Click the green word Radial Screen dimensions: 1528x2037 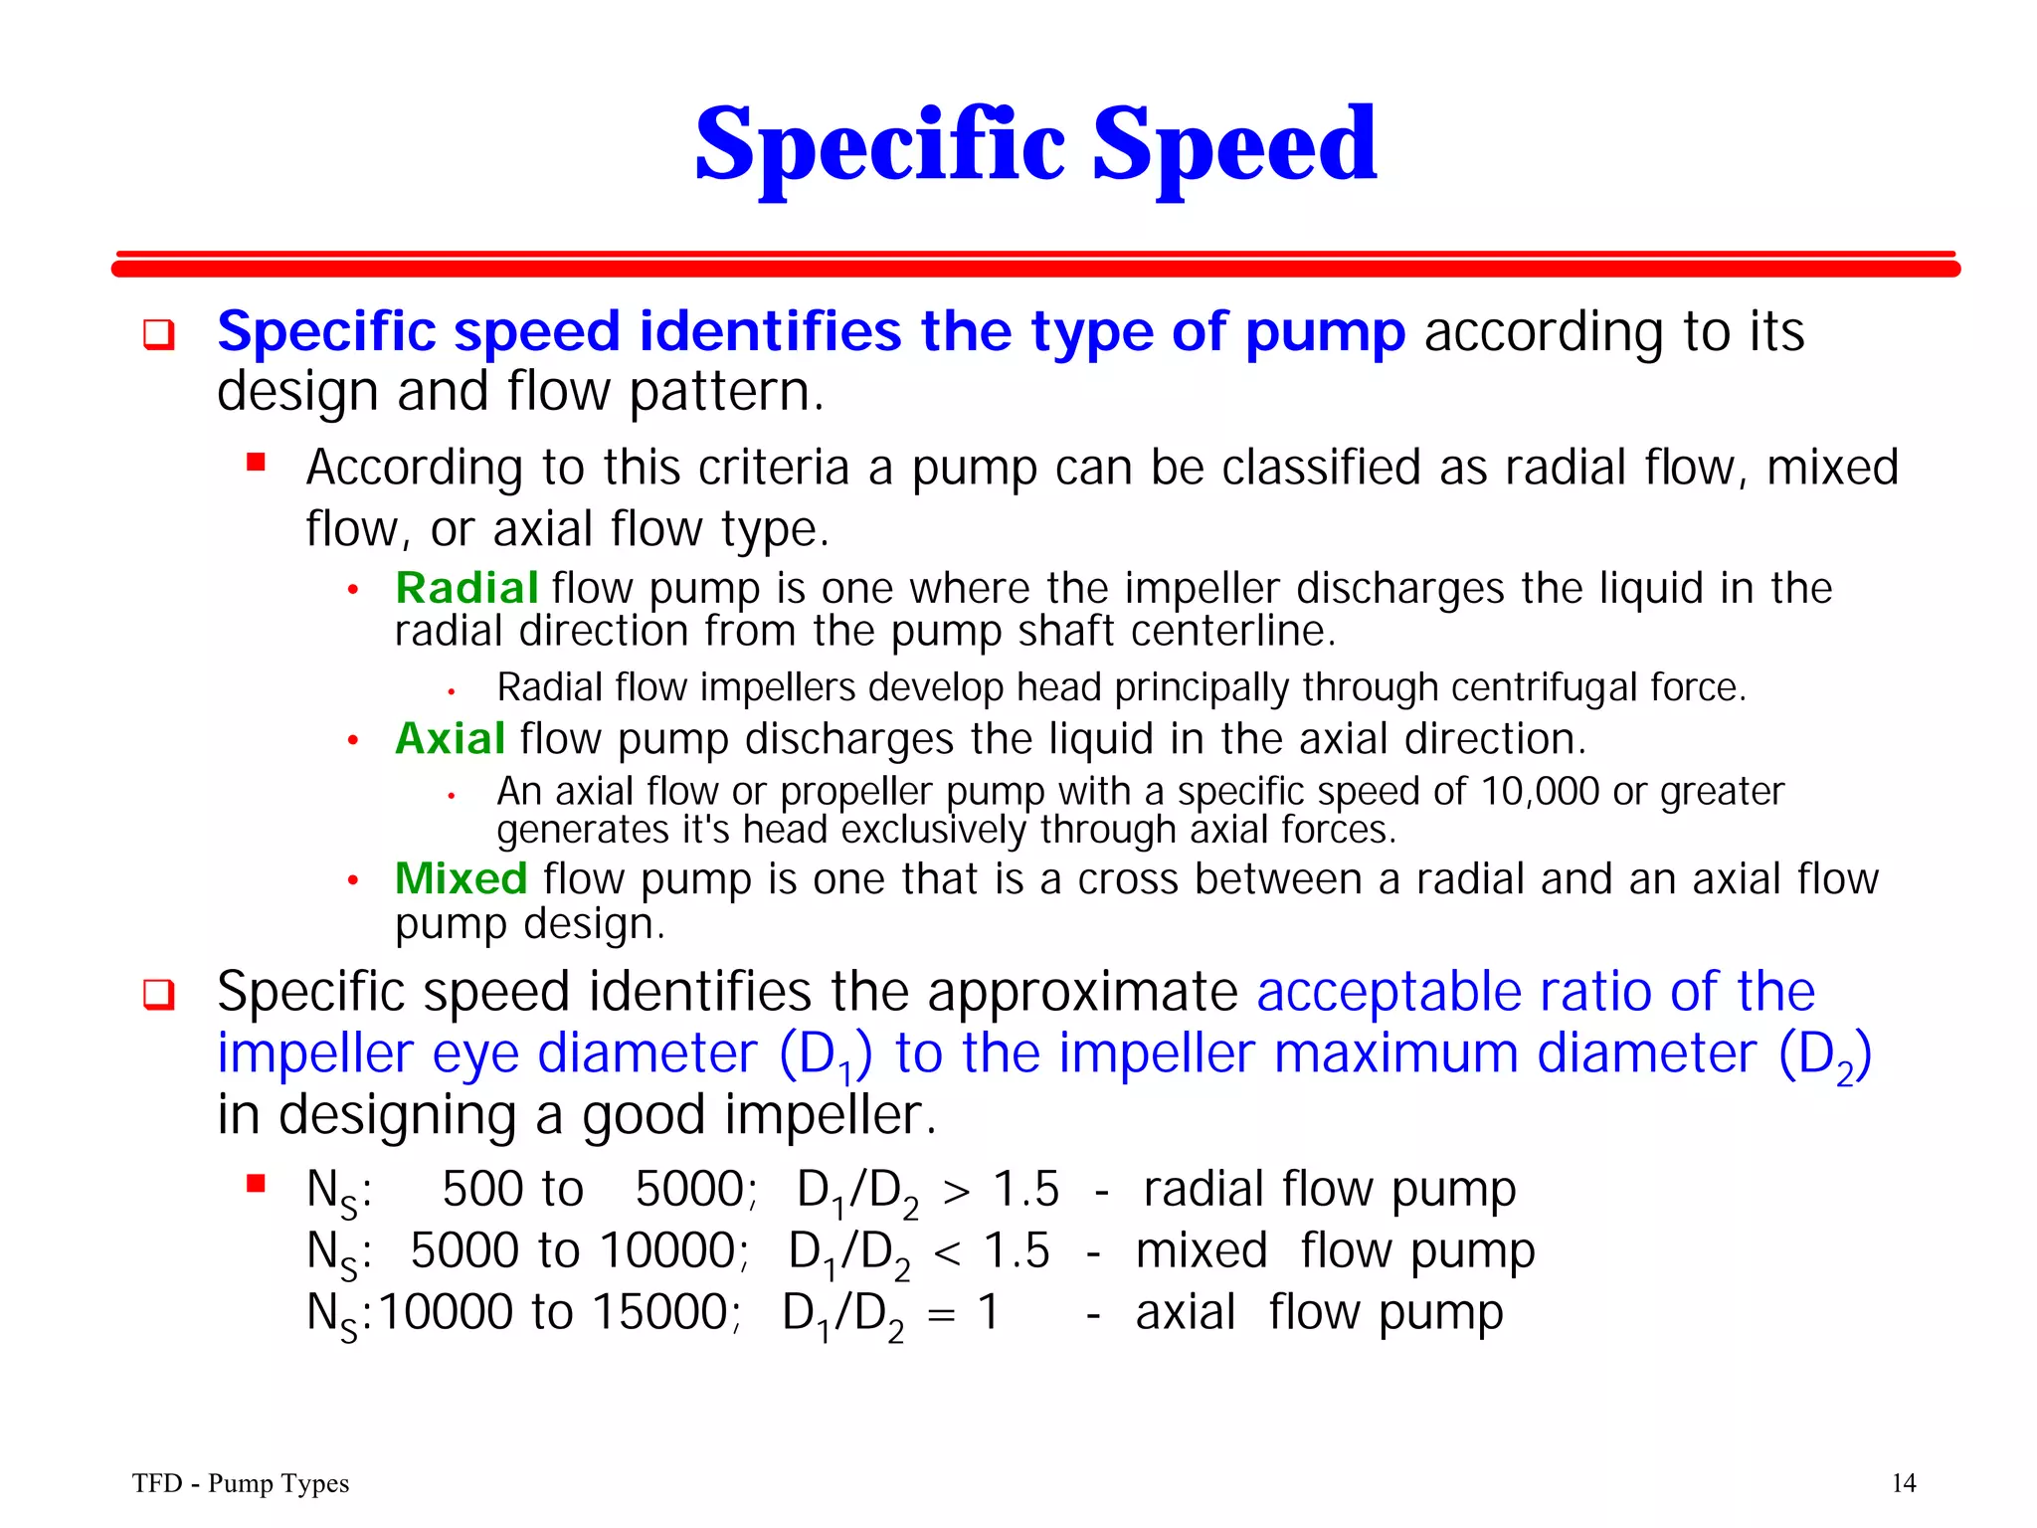[x=466, y=588]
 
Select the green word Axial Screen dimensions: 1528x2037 [x=450, y=739]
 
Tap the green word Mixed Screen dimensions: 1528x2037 [x=461, y=879]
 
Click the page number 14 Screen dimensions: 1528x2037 [x=1903, y=1483]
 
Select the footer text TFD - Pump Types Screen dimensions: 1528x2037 [x=241, y=1483]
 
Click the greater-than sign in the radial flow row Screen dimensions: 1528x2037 [x=956, y=1191]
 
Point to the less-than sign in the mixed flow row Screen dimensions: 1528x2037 [x=947, y=1252]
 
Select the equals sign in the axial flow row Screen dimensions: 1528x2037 [x=941, y=1314]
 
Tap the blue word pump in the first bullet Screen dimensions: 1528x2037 [x=1325, y=332]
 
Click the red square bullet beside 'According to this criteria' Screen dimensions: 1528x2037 [x=257, y=463]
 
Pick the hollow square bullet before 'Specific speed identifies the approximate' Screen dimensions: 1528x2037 [x=158, y=994]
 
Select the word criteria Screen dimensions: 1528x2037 [x=773, y=468]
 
